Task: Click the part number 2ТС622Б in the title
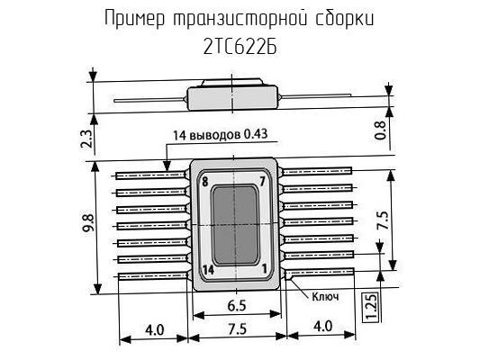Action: coord(240,48)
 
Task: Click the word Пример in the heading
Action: coord(135,19)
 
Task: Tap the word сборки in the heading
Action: coord(345,18)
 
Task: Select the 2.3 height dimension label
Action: coord(86,139)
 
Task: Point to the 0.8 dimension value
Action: coord(381,130)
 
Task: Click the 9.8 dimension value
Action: coord(88,223)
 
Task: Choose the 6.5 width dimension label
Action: coord(237,306)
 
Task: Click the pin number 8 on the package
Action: coord(204,182)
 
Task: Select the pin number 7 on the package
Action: coord(262,182)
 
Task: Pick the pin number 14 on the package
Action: coord(208,270)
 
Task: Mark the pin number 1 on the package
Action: coord(264,268)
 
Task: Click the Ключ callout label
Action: coord(325,296)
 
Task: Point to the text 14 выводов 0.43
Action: coord(221,135)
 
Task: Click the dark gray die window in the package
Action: coord(235,225)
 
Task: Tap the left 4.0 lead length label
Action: coord(155,330)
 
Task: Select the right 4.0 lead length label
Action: coord(323,326)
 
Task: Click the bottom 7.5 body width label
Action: coord(237,329)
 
